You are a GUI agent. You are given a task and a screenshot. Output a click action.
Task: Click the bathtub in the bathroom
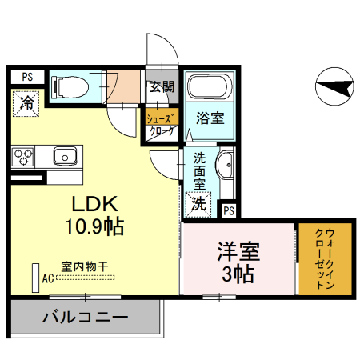pos(210,87)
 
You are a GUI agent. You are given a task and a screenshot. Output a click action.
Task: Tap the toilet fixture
pos(69,85)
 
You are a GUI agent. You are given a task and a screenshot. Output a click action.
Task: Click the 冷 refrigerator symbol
pos(26,102)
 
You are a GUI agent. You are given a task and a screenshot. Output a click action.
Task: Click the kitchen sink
pos(64,155)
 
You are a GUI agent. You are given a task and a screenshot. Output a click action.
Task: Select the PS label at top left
pos(27,77)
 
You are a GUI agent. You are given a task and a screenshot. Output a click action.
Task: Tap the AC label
pos(47,278)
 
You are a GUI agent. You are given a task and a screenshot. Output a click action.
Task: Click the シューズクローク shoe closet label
pos(159,124)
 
